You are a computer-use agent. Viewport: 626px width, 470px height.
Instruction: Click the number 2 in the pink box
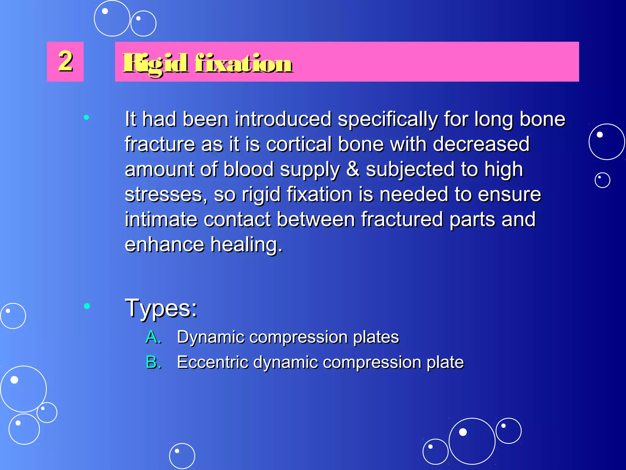[65, 61]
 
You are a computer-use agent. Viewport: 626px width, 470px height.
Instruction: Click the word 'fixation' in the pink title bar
[243, 63]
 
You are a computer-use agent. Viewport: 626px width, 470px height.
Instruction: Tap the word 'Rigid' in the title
[155, 63]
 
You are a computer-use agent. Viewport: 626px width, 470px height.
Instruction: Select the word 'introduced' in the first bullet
[283, 119]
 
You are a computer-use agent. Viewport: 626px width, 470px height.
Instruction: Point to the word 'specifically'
[388, 120]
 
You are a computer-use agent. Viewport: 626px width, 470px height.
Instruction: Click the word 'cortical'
[299, 144]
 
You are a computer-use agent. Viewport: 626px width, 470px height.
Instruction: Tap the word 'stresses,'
[166, 195]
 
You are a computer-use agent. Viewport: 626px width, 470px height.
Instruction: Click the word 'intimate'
[161, 219]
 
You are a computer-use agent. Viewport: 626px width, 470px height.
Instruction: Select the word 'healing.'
[246, 245]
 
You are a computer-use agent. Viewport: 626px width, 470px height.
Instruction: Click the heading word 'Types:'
[161, 308]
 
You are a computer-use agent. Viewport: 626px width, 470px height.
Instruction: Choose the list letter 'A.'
[153, 337]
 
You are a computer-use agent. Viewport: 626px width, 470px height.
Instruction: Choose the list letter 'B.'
[153, 362]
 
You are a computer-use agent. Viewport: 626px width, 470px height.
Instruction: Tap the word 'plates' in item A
[376, 338]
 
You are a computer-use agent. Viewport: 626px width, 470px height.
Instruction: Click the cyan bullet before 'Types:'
[87, 306]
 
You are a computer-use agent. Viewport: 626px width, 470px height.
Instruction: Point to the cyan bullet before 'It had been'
[87, 117]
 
